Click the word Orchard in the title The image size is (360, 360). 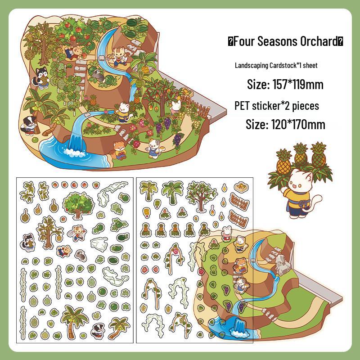317,42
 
